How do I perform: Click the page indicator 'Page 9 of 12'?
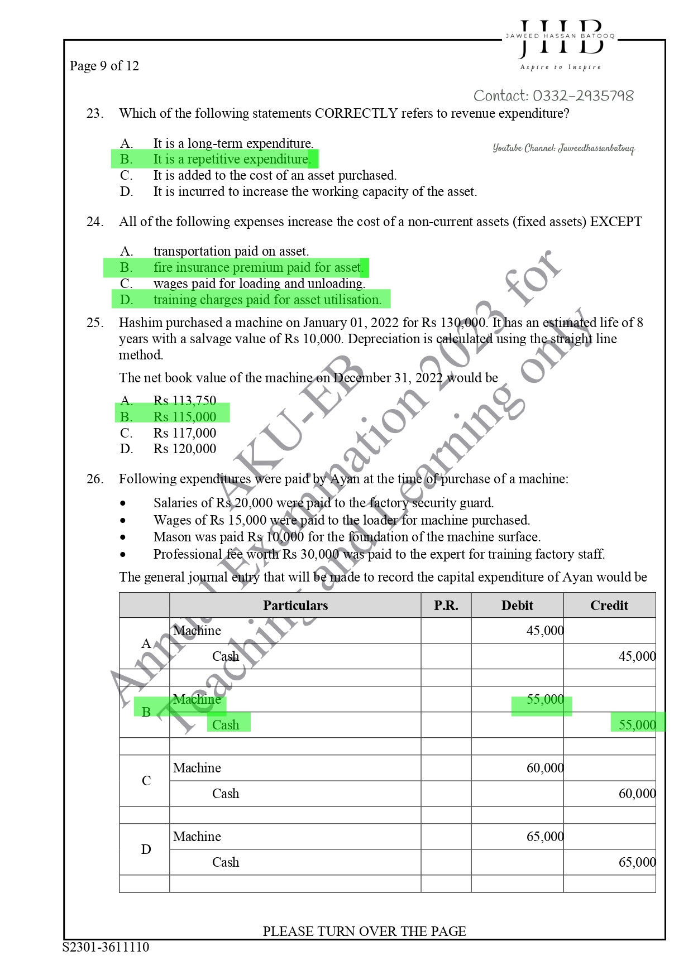[104, 66]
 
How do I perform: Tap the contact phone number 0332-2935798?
[583, 96]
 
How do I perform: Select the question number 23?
[94, 113]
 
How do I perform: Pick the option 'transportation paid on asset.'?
[231, 251]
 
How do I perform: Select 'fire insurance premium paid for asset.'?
[259, 267]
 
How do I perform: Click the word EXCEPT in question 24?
[616, 222]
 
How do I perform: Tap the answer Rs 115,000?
[184, 417]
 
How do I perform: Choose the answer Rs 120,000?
[184, 449]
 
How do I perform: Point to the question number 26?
[94, 479]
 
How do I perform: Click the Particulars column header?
[295, 606]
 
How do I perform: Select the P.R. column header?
[446, 606]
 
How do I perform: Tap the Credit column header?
[609, 606]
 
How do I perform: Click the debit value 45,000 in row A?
[544, 631]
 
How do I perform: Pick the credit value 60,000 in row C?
[637, 794]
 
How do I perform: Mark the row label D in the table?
[146, 849]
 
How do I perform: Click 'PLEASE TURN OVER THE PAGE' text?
[364, 931]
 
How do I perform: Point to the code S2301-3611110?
[106, 947]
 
